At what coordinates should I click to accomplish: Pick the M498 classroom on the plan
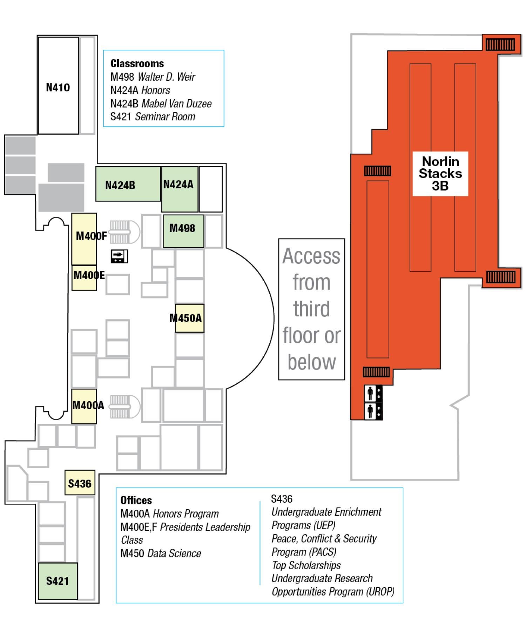pyautogui.click(x=183, y=231)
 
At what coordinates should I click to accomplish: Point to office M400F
pyautogui.click(x=84, y=239)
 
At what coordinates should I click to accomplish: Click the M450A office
pyautogui.click(x=189, y=318)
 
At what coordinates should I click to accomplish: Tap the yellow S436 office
pyautogui.click(x=80, y=483)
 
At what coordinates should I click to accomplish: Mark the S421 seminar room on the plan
pyautogui.click(x=58, y=581)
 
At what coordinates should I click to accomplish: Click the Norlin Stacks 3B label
pyautogui.click(x=440, y=173)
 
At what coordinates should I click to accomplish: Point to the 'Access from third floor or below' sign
pyautogui.click(x=311, y=309)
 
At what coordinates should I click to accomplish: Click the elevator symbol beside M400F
pyautogui.click(x=120, y=256)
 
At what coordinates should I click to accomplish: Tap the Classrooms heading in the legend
pyautogui.click(x=137, y=63)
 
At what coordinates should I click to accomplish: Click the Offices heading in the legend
pyautogui.click(x=136, y=500)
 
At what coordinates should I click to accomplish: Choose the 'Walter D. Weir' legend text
pyautogui.click(x=166, y=77)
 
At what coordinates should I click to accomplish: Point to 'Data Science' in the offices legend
pyautogui.click(x=174, y=554)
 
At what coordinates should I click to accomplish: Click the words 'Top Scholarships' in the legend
pyautogui.click(x=306, y=565)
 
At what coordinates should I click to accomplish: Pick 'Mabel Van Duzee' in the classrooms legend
pyautogui.click(x=176, y=103)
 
